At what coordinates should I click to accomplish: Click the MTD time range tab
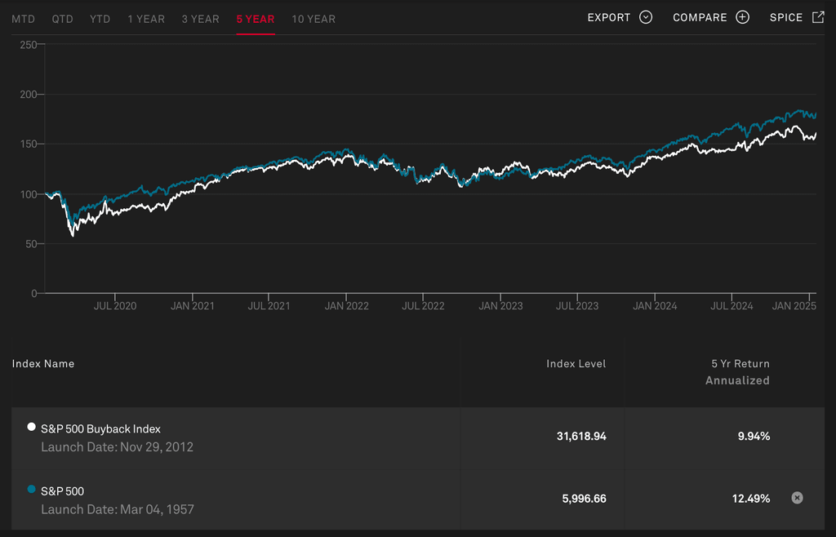(x=23, y=19)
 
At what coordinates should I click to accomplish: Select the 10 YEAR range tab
(x=313, y=19)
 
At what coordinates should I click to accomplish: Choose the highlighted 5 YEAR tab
(x=256, y=19)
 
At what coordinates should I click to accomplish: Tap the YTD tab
(x=100, y=19)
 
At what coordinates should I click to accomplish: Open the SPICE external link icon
(x=818, y=17)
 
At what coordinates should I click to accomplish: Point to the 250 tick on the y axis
(x=29, y=45)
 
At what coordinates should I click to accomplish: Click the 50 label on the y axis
(x=31, y=244)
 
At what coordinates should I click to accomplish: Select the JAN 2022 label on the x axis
(x=346, y=306)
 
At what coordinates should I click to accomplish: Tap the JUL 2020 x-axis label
(x=115, y=306)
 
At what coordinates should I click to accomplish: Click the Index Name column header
(x=43, y=364)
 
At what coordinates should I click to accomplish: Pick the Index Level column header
(x=576, y=364)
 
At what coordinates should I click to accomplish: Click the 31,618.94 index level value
(x=581, y=437)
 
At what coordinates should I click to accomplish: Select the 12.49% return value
(x=751, y=499)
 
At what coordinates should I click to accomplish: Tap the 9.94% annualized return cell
(x=754, y=437)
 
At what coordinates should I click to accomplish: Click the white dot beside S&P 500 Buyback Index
(x=32, y=427)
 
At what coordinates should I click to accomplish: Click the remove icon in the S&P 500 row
(x=798, y=498)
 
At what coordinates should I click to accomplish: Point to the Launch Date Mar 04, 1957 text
(x=118, y=509)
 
